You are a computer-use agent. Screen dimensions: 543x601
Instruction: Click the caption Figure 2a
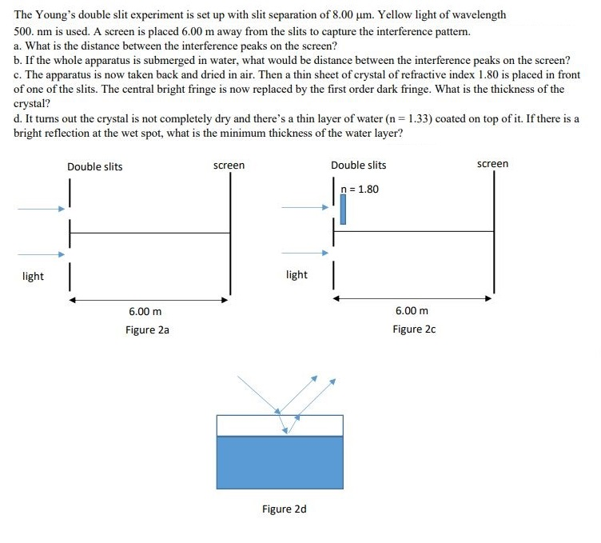pos(147,329)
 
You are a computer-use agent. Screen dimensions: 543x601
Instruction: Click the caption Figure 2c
pos(414,329)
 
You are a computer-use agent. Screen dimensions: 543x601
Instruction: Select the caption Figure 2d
pos(284,509)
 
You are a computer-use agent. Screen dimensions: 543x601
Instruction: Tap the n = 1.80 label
pos(360,190)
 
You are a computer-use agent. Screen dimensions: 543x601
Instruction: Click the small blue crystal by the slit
pos(343,210)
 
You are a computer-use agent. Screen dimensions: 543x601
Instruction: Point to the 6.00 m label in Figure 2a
pos(145,311)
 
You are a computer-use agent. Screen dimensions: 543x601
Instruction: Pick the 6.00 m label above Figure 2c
pos(412,311)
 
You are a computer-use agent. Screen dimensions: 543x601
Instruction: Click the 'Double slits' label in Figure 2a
pos(95,166)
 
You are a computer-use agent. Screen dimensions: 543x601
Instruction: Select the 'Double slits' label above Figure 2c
pos(359,166)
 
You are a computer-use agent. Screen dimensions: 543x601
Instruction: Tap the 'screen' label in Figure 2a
pos(229,166)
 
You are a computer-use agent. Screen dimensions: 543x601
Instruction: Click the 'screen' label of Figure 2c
pos(492,164)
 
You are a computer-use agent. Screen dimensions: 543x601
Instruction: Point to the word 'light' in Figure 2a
pos(34,277)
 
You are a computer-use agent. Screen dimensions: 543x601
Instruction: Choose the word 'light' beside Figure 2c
pos(297,275)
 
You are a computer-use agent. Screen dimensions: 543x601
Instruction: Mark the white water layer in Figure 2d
pos(280,425)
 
